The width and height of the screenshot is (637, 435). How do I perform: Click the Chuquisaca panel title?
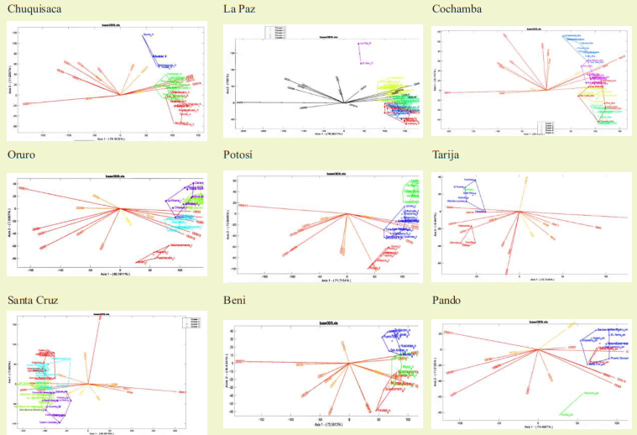pyautogui.click(x=34, y=8)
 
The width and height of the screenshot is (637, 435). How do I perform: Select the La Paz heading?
pyautogui.click(x=239, y=8)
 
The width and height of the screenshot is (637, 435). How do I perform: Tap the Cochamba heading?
pyautogui.click(x=456, y=8)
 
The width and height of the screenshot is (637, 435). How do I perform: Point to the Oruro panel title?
pyautogui.click(x=22, y=155)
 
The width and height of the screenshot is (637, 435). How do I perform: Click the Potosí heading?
pyautogui.click(x=239, y=155)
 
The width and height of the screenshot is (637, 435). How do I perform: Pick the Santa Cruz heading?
pyautogui.click(x=33, y=300)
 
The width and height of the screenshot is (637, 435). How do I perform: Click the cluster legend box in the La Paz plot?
pyautogui.click(x=282, y=33)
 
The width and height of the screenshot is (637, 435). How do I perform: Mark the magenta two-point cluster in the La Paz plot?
pyautogui.click(x=363, y=51)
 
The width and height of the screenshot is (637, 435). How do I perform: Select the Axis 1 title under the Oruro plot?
pyautogui.click(x=108, y=273)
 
